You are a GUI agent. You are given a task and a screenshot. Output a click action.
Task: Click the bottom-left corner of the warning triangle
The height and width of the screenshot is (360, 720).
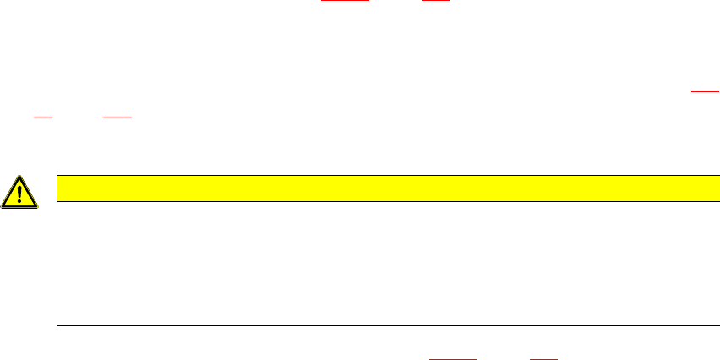(3, 207)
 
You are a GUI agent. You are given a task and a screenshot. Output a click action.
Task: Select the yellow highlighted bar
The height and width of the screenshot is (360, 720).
(381, 188)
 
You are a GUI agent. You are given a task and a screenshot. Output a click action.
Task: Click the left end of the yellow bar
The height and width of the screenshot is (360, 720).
(57, 188)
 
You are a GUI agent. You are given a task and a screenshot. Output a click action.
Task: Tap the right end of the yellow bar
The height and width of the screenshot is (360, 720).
(706, 188)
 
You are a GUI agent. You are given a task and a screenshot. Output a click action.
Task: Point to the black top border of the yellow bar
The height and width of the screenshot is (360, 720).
(381, 175)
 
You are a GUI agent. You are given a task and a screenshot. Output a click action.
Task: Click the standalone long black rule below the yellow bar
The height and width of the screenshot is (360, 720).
(381, 325)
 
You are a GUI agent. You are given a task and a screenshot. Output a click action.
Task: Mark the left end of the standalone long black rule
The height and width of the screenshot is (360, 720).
(57, 325)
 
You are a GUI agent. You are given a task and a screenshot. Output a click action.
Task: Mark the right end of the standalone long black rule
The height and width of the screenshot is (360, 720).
(706, 325)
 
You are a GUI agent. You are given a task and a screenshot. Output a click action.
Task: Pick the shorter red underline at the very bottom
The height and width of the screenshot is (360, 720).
(543, 358)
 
